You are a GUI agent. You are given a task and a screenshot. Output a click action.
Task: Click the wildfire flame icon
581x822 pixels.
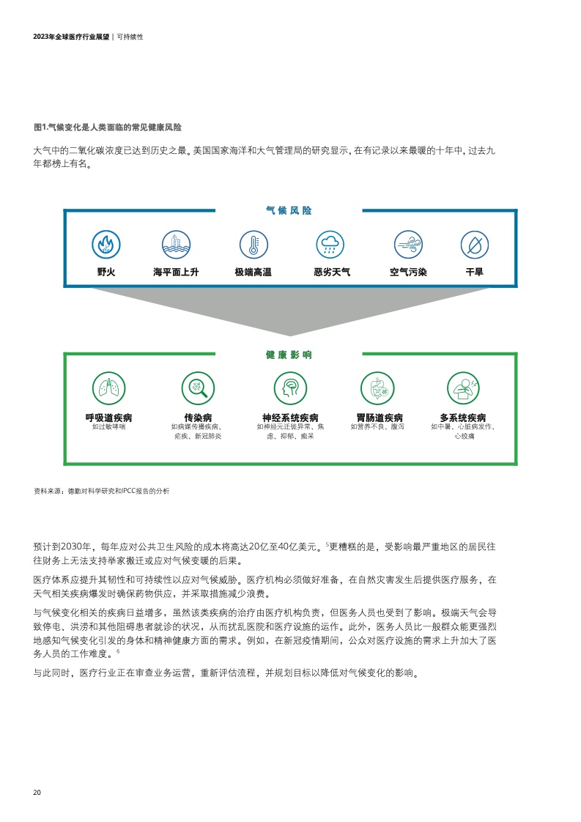(106, 244)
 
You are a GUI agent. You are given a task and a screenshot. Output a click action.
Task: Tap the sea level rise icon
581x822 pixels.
(176, 244)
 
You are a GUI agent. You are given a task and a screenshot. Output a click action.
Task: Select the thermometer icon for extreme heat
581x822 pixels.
(254, 244)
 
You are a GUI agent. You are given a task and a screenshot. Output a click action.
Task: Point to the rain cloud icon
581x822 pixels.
(330, 244)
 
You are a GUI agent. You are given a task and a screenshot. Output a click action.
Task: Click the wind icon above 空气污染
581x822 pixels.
(409, 244)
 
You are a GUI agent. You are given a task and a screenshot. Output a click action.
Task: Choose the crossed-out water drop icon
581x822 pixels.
(475, 244)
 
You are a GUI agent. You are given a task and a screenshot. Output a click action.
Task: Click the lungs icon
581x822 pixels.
(109, 388)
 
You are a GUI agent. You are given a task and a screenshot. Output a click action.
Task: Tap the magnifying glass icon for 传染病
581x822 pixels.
(199, 388)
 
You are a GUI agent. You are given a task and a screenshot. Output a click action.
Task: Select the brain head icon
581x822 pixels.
(290, 388)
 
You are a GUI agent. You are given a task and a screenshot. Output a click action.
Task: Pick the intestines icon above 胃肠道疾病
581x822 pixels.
(377, 388)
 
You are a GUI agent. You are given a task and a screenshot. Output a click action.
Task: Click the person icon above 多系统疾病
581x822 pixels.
(464, 388)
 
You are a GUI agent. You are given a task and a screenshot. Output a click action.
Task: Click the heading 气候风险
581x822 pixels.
(289, 211)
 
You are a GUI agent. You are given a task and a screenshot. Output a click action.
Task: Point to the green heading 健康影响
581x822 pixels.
(289, 355)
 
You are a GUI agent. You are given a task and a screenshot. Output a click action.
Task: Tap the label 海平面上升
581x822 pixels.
(176, 272)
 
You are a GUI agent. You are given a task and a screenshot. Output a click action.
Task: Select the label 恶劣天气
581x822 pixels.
(332, 272)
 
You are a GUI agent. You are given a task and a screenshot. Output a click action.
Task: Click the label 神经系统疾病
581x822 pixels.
(290, 418)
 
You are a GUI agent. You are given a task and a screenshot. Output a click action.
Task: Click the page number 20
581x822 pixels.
(37, 792)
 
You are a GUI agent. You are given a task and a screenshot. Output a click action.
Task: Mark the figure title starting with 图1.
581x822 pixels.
(108, 127)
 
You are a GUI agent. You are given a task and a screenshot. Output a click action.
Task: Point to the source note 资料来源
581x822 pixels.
(101, 491)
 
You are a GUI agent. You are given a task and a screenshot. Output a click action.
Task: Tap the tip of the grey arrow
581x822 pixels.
(290, 336)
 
